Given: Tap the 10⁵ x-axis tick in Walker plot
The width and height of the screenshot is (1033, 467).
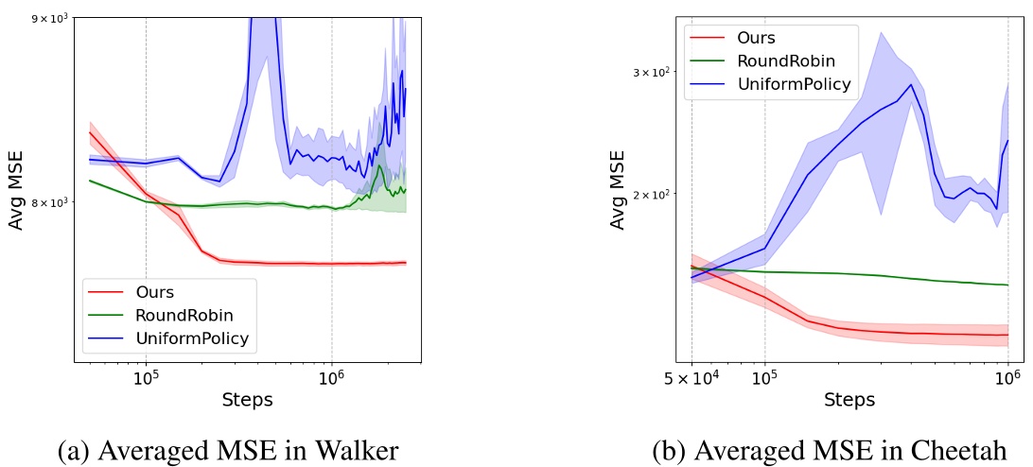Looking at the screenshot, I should [146, 378].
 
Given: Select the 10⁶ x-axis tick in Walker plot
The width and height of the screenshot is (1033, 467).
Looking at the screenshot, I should [331, 378].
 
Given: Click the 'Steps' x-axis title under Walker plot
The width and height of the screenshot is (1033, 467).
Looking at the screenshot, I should [247, 400].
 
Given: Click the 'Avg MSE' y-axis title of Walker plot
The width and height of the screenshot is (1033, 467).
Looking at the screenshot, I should [17, 190].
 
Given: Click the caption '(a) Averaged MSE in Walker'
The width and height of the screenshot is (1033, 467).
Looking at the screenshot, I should [228, 450].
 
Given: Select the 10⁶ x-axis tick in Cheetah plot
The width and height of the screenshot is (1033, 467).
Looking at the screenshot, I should [1008, 378].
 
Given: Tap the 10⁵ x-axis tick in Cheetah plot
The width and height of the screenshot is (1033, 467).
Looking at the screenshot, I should [764, 378].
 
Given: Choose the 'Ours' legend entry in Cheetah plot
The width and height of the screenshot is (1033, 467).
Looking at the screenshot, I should [756, 39].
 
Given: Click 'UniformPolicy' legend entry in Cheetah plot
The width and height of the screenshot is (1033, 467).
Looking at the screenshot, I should [798, 84].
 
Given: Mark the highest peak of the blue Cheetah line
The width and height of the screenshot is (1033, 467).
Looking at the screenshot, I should [911, 84].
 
